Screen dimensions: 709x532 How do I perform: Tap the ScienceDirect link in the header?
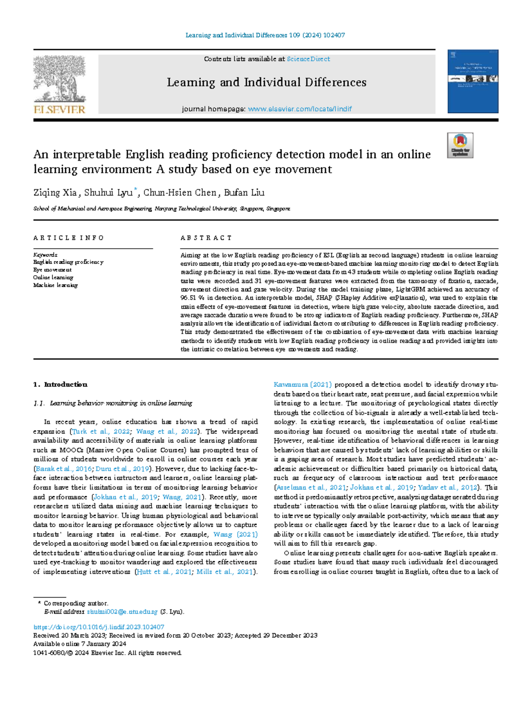coord(308,59)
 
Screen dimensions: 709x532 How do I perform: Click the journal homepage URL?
coord(300,109)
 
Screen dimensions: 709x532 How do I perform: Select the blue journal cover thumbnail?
coord(473,81)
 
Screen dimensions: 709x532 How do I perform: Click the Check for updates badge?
coord(460,145)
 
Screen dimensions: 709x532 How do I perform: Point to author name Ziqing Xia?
coord(55,193)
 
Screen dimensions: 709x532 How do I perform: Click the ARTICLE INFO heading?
coord(68,238)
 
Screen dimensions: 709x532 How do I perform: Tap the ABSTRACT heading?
coord(206,238)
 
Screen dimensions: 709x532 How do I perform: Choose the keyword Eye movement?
coord(52,270)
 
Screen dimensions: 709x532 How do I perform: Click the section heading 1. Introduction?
coord(60,384)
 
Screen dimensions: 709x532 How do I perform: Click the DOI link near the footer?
coord(99,627)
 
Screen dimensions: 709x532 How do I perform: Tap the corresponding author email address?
coord(122,612)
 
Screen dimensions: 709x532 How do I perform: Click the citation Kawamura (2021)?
coord(302,384)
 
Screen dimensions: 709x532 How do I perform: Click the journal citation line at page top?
coord(265,35)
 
